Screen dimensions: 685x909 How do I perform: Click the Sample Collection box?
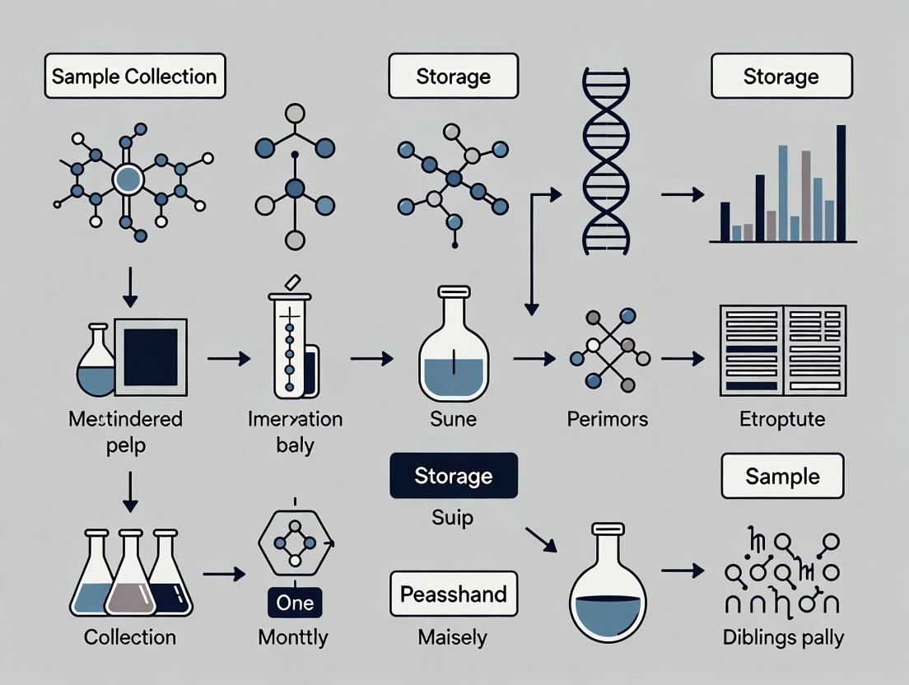tap(134, 77)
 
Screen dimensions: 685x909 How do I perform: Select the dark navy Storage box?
tap(454, 476)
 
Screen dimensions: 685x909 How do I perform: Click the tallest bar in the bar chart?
tap(841, 183)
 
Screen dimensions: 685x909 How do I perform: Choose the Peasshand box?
tap(454, 593)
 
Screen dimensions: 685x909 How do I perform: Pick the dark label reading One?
tap(295, 603)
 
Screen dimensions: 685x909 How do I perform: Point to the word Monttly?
tap(292, 637)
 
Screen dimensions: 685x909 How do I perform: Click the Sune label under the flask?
tap(454, 419)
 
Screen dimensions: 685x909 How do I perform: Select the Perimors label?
tap(608, 419)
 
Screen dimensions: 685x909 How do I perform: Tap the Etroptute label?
tap(783, 419)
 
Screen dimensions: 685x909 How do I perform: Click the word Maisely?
tap(454, 637)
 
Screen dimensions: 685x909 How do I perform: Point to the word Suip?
tap(454, 519)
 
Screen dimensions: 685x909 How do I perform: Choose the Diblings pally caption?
tap(783, 637)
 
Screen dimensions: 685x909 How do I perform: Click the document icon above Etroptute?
tap(782, 348)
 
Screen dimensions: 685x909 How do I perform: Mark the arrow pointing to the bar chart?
tap(683, 195)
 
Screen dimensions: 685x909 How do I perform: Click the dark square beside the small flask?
tap(151, 352)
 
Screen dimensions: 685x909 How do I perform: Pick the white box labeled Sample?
tap(782, 476)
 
